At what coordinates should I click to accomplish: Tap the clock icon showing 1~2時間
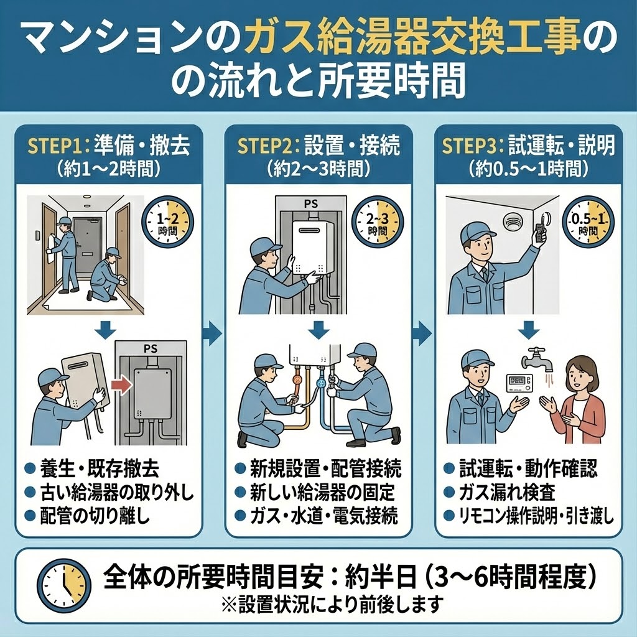click(x=168, y=222)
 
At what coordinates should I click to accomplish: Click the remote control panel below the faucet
click(x=520, y=381)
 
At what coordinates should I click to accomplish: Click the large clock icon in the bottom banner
click(x=64, y=584)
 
